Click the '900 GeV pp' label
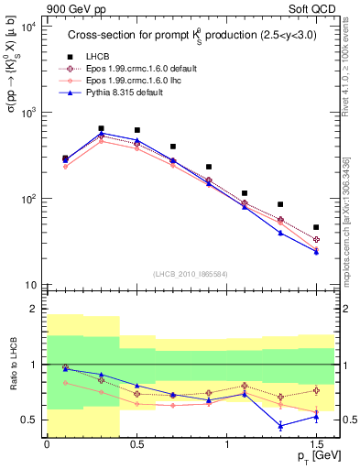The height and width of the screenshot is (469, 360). coord(72,7)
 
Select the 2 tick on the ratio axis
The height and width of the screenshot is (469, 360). coord(31,310)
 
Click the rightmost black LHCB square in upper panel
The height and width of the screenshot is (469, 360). coord(316,227)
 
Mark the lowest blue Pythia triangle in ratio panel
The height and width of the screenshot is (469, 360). coord(280,426)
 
